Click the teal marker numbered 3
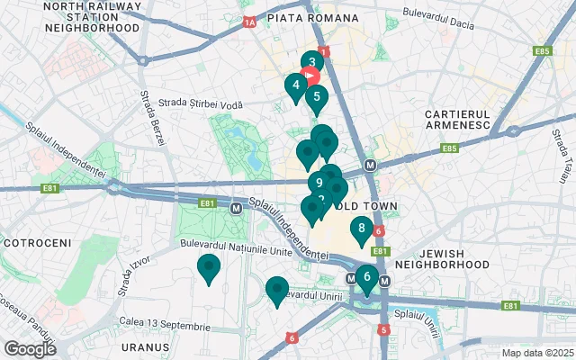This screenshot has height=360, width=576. point(311,63)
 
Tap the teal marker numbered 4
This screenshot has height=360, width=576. point(295,85)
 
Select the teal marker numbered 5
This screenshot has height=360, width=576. point(316,97)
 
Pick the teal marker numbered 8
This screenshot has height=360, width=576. point(361,229)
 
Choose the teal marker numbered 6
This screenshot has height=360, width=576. point(366,277)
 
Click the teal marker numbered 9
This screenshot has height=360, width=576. point(319,183)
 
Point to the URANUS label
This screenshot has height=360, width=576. point(145,346)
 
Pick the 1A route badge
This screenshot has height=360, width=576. point(249,21)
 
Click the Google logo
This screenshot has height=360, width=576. point(30,348)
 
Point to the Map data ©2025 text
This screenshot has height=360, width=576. point(536,353)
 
